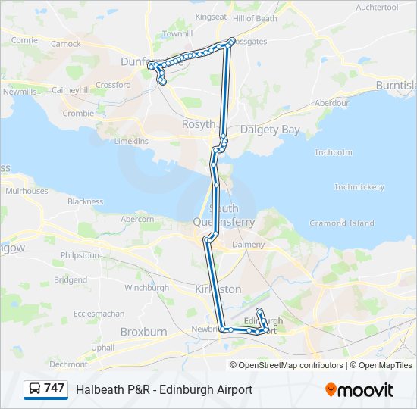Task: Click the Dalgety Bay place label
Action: click(x=270, y=130)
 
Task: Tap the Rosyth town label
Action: click(x=199, y=124)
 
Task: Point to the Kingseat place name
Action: click(x=211, y=17)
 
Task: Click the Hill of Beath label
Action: click(x=255, y=18)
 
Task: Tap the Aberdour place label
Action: click(x=331, y=103)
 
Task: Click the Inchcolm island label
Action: click(x=334, y=152)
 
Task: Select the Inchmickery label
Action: click(x=359, y=186)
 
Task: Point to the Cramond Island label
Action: click(x=343, y=223)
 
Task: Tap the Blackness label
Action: click(x=85, y=201)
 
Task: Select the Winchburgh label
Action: click(x=146, y=288)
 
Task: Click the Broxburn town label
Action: click(x=143, y=332)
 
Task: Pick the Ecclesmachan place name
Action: click(x=99, y=314)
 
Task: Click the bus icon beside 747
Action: click(x=34, y=389)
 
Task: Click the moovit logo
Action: click(x=359, y=390)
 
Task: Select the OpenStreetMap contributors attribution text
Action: click(x=290, y=365)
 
